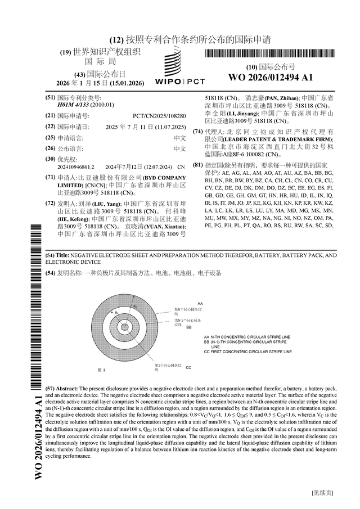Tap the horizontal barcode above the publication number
coord(270,55)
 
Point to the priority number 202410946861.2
coord(76,167)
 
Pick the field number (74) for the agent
coord(197,132)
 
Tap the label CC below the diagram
coord(188,367)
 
